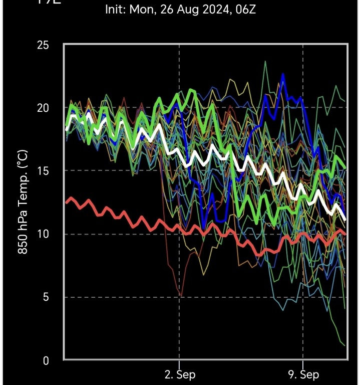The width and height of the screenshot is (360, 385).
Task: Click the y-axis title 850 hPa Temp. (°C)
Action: pos(23,202)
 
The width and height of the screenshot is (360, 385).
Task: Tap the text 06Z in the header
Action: pos(245,10)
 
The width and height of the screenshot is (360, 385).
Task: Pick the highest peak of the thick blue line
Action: pos(283,75)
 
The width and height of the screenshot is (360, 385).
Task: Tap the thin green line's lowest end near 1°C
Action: pos(344,345)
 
